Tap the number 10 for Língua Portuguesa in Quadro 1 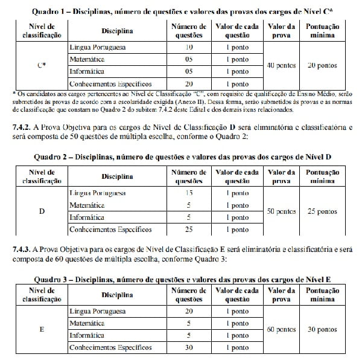coord(189,47)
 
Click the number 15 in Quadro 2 coord(189,193)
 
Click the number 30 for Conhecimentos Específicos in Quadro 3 coord(189,348)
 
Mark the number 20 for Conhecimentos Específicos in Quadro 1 coord(189,84)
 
